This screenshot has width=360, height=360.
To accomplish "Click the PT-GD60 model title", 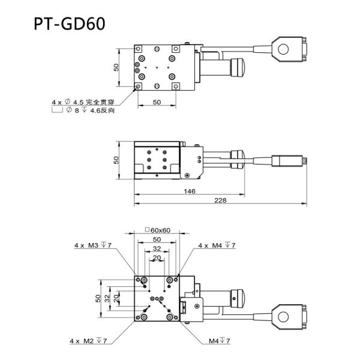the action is pyautogui.click(x=70, y=23).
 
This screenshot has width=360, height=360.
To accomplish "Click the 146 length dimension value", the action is pyautogui.click(x=190, y=191).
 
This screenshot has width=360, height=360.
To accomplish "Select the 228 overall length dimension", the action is pyautogui.click(x=220, y=200).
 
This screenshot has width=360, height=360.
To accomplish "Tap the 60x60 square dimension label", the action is pyautogui.click(x=158, y=230).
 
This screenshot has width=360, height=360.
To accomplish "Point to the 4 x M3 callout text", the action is pyautogui.click(x=93, y=245).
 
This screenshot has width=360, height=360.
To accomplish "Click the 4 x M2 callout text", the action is pyautogui.click(x=88, y=341).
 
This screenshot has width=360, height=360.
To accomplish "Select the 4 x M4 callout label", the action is pyautogui.click(x=217, y=245).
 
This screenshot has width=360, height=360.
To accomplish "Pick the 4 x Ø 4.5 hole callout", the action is pyautogui.click(x=83, y=102).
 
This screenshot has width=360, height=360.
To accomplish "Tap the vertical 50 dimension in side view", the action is pyautogui.click(x=116, y=160).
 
